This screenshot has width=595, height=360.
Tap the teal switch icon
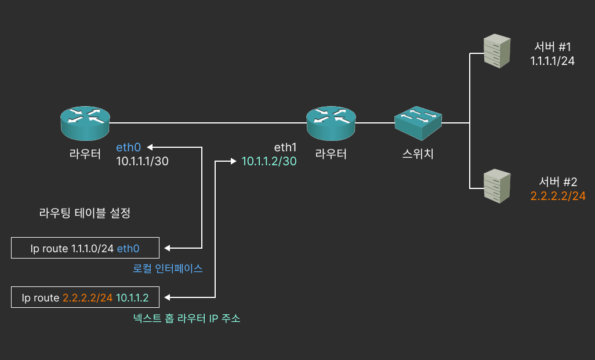click(x=418, y=122)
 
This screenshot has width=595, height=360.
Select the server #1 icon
click(x=498, y=51)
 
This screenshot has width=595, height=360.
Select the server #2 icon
click(x=498, y=186)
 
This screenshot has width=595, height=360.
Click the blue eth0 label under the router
click(x=128, y=147)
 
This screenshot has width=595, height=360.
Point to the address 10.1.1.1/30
click(x=143, y=162)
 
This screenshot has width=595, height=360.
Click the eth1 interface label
click(x=285, y=147)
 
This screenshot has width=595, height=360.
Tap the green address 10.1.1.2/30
click(x=269, y=162)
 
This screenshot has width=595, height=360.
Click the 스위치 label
click(x=418, y=154)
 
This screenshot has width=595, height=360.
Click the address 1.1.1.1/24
click(x=553, y=61)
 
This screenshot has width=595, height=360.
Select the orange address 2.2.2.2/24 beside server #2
click(x=558, y=196)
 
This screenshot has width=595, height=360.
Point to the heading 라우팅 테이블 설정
click(x=85, y=213)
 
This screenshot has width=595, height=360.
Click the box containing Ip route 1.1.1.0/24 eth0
click(x=85, y=249)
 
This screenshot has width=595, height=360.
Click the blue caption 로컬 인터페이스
click(x=168, y=269)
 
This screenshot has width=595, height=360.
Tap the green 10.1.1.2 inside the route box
click(x=133, y=298)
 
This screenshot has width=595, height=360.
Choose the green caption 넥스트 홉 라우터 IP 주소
click(x=187, y=318)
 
